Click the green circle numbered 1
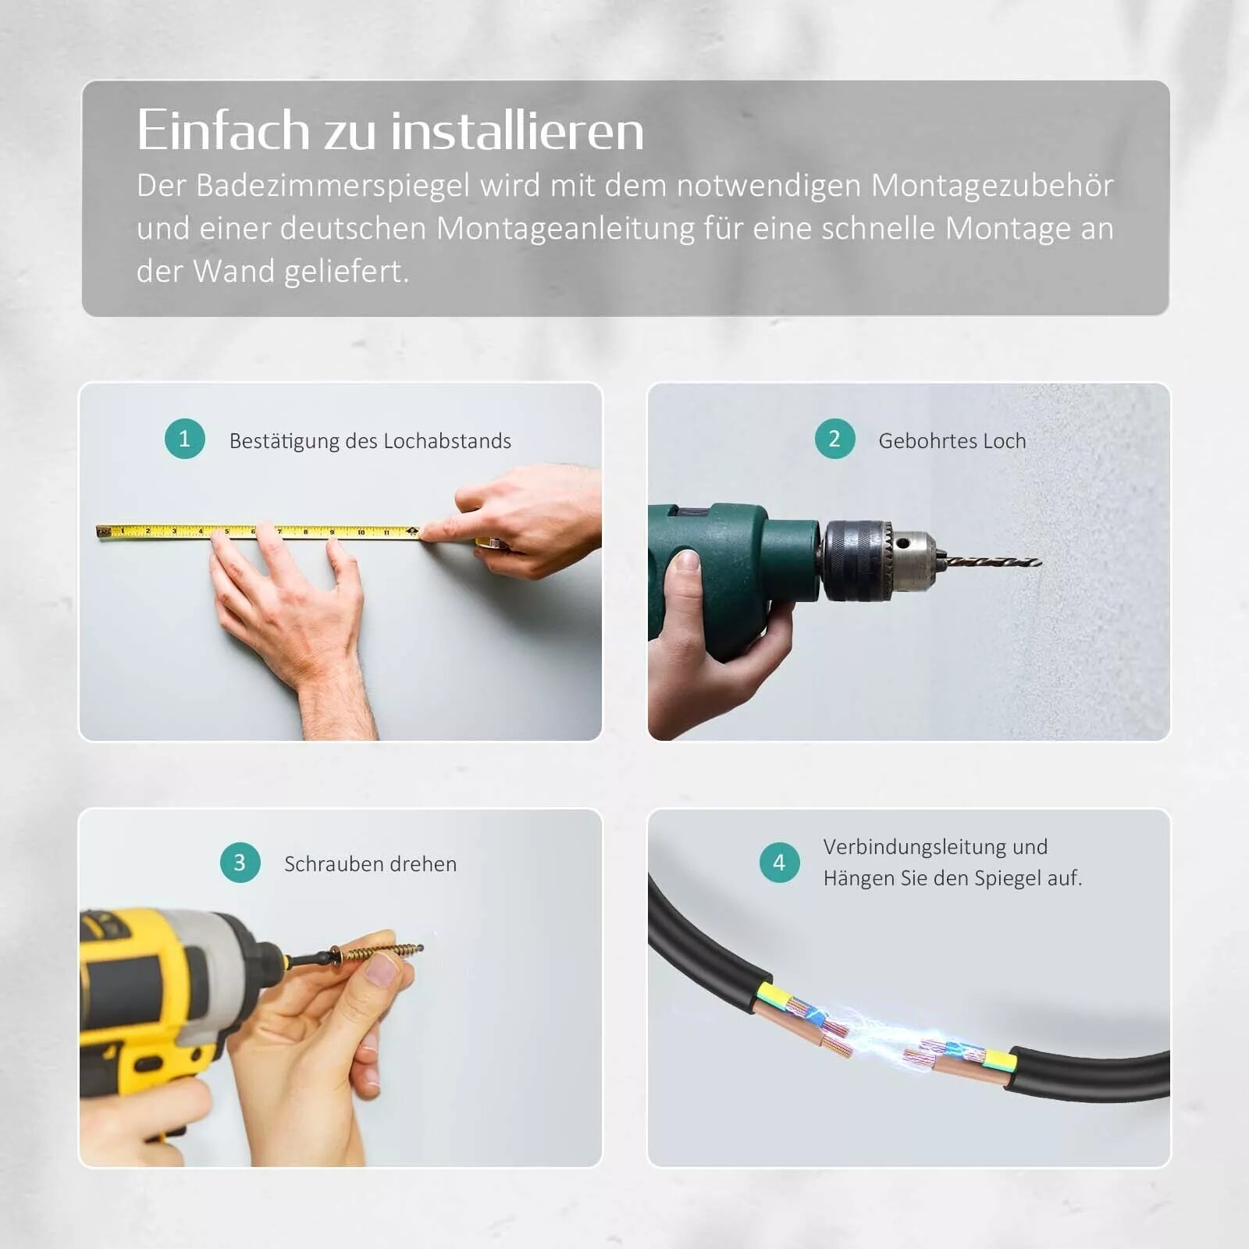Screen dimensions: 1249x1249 pos(185,439)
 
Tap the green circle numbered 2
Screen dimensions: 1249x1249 pos(834,439)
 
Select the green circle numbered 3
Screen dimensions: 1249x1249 pos(240,863)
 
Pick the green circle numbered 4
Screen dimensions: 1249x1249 pos(780,863)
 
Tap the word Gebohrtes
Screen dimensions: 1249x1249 pos(927,441)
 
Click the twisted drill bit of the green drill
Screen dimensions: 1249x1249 pos(993,561)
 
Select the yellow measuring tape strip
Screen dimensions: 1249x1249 pos(258,532)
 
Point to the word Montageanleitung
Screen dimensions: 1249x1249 pos(565,229)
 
